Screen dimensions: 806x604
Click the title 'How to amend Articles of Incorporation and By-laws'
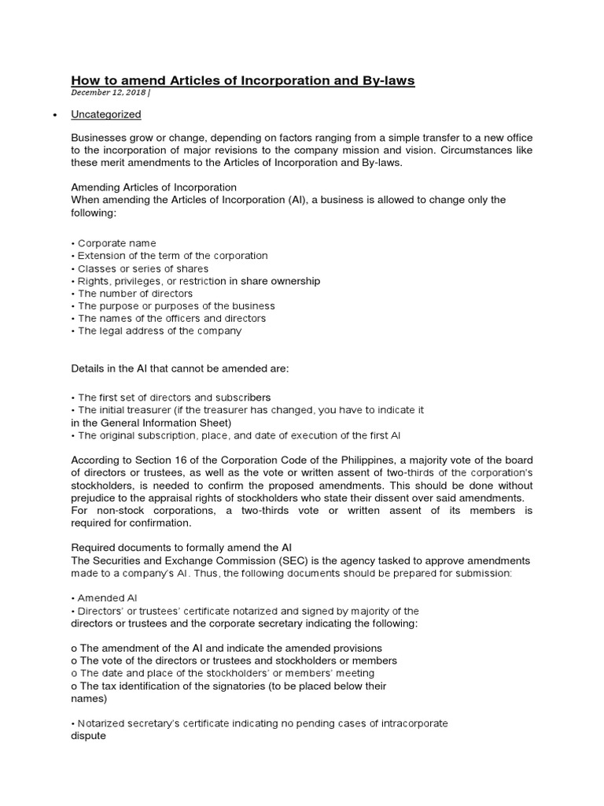[x=243, y=80]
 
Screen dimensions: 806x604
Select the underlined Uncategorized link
[x=106, y=115]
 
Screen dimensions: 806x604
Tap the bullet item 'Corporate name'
[x=116, y=243]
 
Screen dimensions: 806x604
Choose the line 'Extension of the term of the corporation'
[x=171, y=256]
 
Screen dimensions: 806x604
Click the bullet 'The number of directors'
[x=134, y=294]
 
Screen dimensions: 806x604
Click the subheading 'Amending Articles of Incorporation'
[x=154, y=187]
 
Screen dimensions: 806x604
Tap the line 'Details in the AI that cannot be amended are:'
[x=181, y=369]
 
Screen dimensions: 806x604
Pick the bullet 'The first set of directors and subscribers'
[x=173, y=397]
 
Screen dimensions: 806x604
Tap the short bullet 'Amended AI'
[x=107, y=598]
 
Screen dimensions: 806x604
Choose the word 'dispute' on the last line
[x=88, y=736]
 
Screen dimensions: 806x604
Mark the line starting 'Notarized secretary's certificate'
[x=262, y=723]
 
